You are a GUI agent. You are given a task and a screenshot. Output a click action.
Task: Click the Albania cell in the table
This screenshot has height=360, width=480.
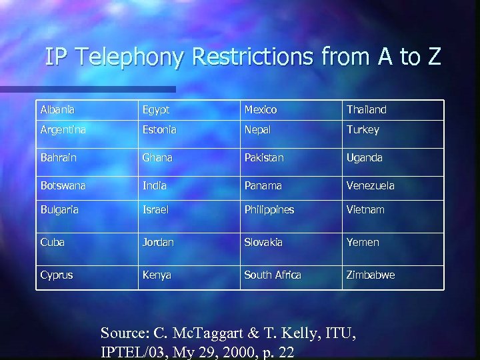pos(57,109)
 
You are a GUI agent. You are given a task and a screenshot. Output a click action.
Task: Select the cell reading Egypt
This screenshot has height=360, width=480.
pos(156,109)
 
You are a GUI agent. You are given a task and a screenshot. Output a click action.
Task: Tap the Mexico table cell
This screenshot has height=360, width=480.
pos(261,109)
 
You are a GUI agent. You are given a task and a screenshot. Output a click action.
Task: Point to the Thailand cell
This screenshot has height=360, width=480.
pos(366,109)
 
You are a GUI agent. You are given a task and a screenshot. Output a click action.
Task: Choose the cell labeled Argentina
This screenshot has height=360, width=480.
pos(64,130)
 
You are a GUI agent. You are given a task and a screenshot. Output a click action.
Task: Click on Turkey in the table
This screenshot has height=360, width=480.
pos(363,130)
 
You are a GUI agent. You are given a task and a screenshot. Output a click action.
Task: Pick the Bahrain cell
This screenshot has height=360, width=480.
pos(59,158)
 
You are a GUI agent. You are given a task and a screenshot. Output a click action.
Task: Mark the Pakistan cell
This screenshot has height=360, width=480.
pos(264,158)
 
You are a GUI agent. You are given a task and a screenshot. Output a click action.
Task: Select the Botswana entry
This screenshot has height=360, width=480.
pos(64,185)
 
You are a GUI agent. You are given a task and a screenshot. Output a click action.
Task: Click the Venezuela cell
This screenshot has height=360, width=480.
pos(371,185)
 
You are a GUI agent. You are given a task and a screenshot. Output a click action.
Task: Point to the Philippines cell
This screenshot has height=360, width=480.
pos(269,209)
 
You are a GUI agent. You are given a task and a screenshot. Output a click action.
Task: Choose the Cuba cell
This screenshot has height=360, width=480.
pos(53,242)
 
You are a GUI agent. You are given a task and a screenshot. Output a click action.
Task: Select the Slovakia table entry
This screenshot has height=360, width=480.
pos(263,242)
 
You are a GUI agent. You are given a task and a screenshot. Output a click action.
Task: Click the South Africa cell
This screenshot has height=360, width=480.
pos(273,275)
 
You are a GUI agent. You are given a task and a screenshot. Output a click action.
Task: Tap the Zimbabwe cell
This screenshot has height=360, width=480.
pos(371,275)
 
